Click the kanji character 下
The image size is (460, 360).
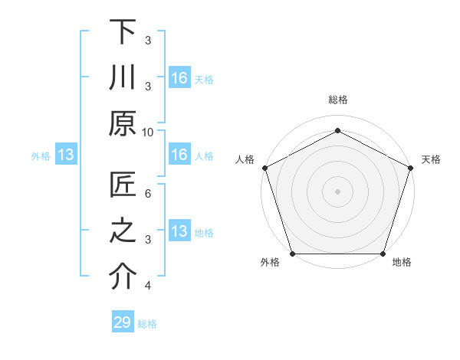point(123,32)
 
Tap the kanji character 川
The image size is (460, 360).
point(123,77)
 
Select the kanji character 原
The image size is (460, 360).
point(123,123)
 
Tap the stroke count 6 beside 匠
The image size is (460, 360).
point(148,194)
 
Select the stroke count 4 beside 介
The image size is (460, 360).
point(148,286)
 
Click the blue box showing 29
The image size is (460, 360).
point(123,322)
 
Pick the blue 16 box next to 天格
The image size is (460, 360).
point(179,78)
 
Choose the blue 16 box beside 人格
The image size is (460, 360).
point(179,155)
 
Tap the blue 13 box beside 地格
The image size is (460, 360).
point(179,231)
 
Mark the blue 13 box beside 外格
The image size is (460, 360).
point(66,155)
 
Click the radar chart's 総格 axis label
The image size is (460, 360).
point(337,100)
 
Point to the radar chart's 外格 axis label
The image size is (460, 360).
point(270,263)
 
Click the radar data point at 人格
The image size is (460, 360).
point(264,168)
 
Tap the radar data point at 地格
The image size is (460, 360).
point(383,254)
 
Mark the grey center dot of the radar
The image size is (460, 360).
point(337,191)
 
